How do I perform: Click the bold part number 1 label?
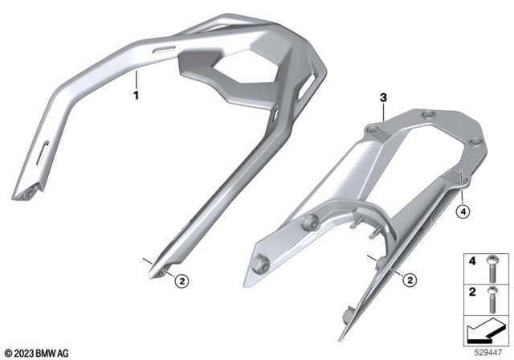(136, 95)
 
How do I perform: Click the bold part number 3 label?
(383, 97)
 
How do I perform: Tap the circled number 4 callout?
(463, 211)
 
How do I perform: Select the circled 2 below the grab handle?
(182, 281)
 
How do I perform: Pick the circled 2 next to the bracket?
(410, 280)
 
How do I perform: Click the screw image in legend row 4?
(492, 268)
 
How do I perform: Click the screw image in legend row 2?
(492, 299)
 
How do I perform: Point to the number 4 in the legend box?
(472, 261)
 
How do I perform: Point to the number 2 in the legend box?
(472, 292)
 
